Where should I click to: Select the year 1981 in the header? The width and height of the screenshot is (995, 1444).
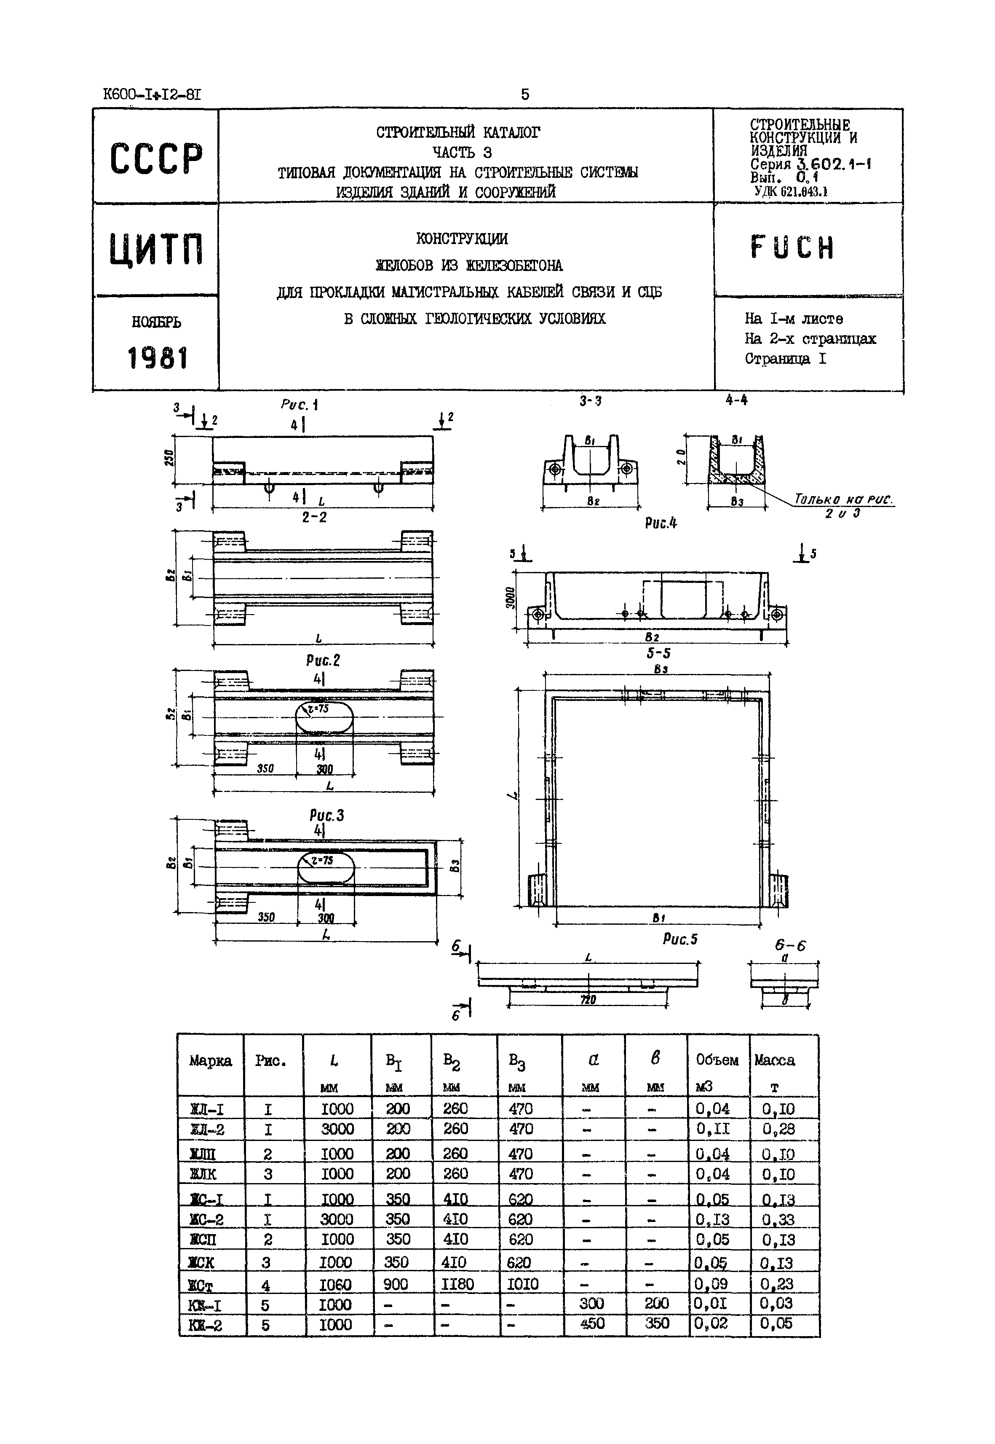[157, 359]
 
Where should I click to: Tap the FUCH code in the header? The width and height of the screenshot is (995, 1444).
[792, 248]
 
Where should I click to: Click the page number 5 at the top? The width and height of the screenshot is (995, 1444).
[525, 94]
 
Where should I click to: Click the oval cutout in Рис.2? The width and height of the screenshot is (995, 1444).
[324, 719]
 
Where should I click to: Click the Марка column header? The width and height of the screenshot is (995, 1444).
[210, 1060]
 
